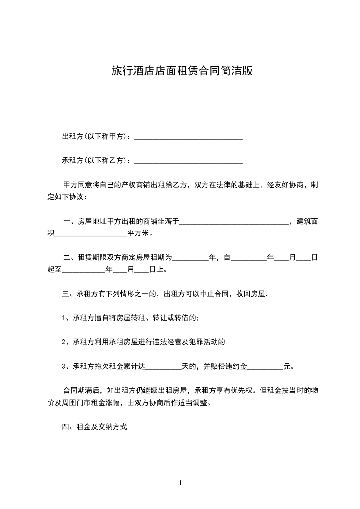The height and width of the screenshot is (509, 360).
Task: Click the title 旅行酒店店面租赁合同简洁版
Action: (182, 71)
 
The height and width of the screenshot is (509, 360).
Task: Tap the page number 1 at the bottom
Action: (180, 483)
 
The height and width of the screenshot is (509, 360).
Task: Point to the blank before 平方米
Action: (91, 235)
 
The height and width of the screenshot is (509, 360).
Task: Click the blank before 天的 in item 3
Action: (163, 367)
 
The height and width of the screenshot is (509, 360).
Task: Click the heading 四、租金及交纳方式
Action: (94, 426)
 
